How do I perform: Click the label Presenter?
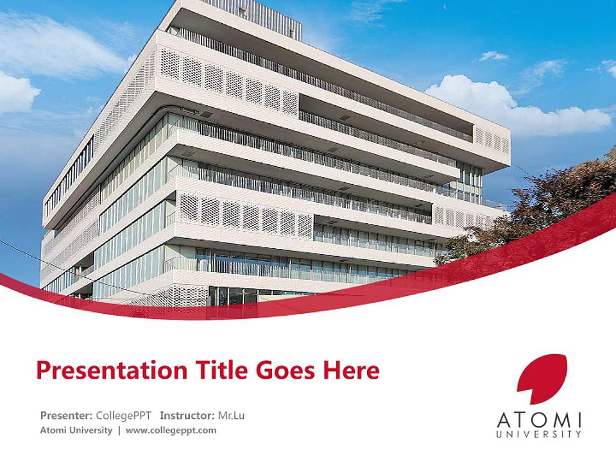(67, 415)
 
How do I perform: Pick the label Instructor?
(187, 415)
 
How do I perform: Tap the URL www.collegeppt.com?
(171, 430)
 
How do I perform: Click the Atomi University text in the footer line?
(76, 430)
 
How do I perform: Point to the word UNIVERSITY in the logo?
(540, 434)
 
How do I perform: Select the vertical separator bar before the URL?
(119, 430)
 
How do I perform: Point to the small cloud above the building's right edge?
(493, 56)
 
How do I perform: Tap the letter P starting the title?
(43, 370)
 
